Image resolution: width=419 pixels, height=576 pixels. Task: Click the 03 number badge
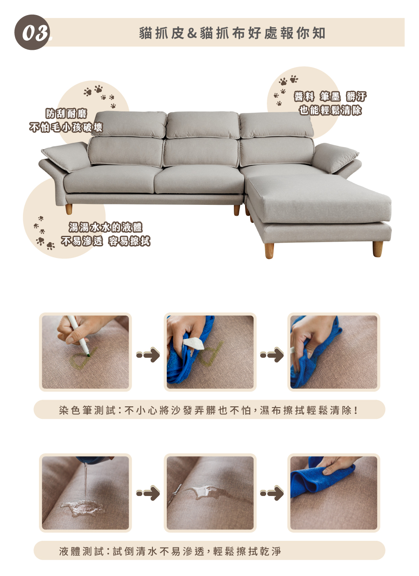click(32, 32)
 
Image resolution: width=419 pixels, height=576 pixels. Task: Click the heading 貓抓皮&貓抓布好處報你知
click(232, 33)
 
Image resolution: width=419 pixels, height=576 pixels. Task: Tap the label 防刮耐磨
click(66, 114)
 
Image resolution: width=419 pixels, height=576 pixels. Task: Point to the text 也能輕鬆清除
click(330, 110)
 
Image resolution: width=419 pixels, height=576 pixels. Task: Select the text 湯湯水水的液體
click(106, 227)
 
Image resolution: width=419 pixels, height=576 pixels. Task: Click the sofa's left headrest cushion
click(129, 124)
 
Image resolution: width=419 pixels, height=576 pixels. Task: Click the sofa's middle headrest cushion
click(203, 125)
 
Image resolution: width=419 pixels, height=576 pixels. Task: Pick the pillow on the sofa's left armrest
click(66, 156)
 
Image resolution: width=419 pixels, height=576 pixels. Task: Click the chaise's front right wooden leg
click(378, 249)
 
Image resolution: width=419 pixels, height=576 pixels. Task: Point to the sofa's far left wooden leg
click(69, 209)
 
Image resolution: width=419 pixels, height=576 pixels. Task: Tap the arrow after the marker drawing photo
click(148, 354)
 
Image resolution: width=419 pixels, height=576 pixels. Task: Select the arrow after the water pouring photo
click(148, 493)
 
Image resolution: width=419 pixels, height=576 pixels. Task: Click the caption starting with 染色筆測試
click(209, 410)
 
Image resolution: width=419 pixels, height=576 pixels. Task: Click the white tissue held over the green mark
click(193, 343)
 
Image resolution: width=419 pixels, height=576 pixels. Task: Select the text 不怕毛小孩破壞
click(66, 127)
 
